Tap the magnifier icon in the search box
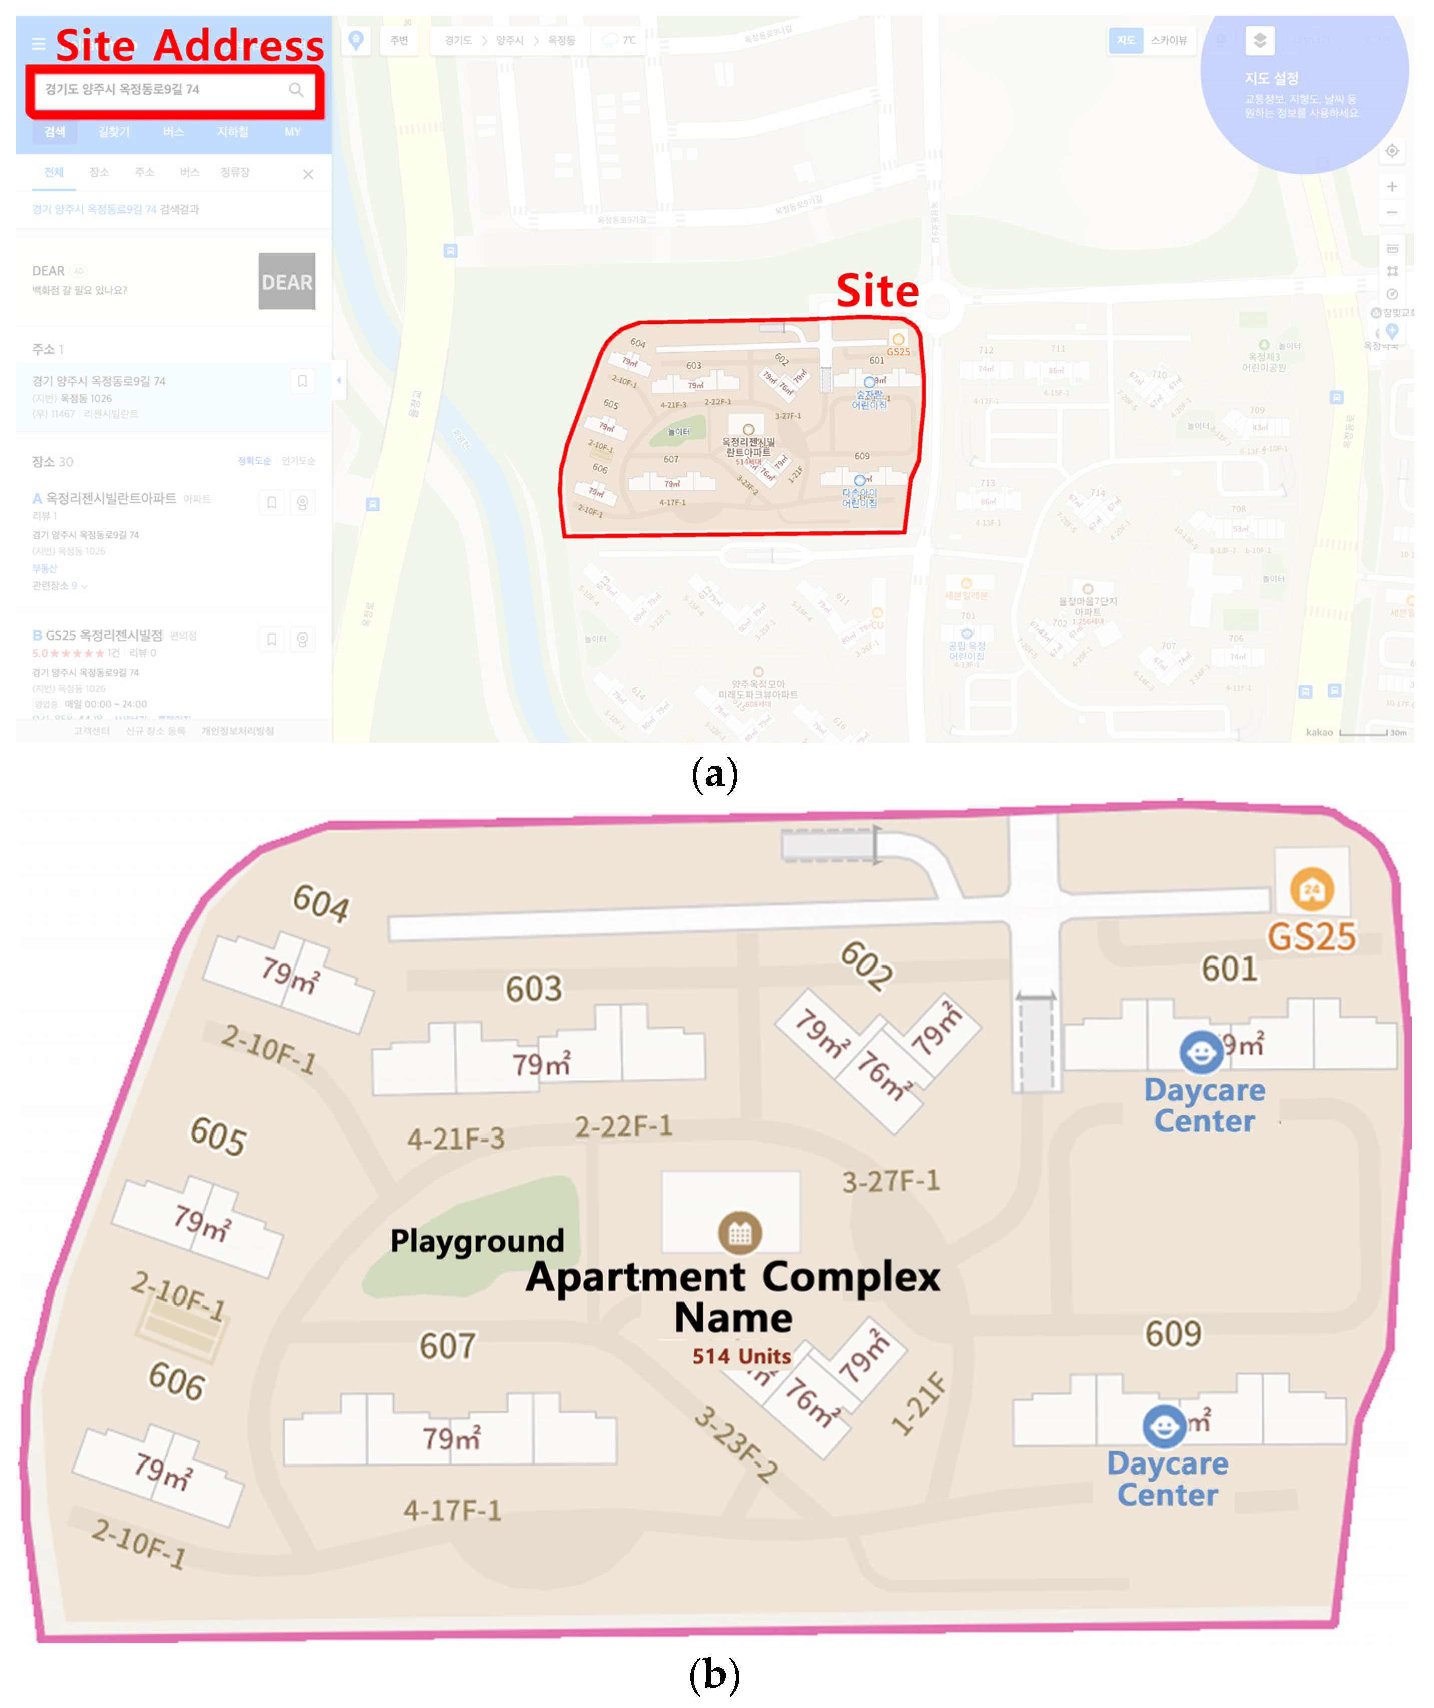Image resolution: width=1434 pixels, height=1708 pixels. coord(296,90)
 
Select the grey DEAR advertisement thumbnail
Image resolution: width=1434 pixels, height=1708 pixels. coord(286,281)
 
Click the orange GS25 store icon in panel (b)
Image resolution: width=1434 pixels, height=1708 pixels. coord(1311,889)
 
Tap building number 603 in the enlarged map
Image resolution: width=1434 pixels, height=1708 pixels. coord(533,989)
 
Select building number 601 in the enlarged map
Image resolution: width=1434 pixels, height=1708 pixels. coord(1229,969)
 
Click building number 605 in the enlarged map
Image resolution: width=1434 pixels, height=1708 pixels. coord(218,1135)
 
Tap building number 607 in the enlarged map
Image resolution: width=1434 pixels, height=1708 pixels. coord(447,1346)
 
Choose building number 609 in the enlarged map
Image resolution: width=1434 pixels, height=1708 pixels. coord(1173,1333)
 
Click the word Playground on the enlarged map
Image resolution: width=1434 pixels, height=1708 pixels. coord(477,1240)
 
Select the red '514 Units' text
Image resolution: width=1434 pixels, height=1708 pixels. coord(741,1356)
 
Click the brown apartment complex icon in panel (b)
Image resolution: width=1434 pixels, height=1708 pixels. coord(740,1233)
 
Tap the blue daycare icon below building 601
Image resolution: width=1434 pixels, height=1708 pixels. coord(1200,1052)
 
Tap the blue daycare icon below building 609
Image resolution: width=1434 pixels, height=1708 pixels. coord(1164,1426)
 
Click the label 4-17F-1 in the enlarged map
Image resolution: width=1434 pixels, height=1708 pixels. coord(452,1510)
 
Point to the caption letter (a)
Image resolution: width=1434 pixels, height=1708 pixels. coord(714,774)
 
